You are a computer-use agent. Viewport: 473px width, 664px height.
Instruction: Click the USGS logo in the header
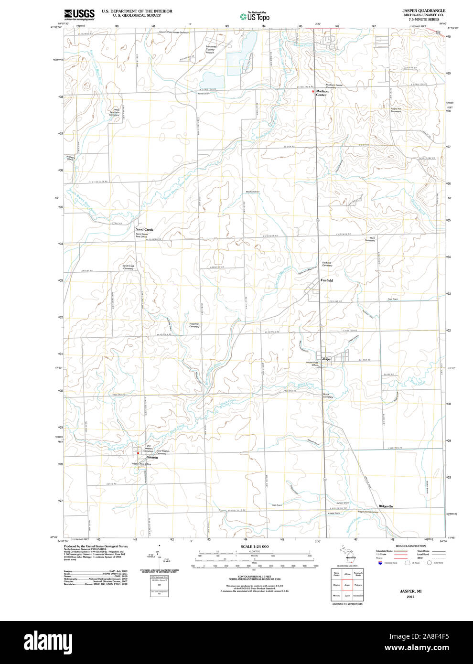click(79, 14)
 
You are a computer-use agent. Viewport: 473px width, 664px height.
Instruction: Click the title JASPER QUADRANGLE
click(424, 11)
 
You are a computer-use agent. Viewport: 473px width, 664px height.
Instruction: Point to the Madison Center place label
click(322, 93)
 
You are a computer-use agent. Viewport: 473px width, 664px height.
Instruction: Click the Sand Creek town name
click(144, 229)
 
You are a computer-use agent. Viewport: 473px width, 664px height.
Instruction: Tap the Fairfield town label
click(327, 280)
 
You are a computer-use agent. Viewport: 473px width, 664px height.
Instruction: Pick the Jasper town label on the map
click(327, 359)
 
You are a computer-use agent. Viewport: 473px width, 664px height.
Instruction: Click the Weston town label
click(152, 458)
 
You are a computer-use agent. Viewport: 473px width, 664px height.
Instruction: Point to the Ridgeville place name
click(386, 506)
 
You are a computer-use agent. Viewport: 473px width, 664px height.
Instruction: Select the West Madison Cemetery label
click(115, 112)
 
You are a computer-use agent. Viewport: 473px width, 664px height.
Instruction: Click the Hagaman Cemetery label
click(194, 325)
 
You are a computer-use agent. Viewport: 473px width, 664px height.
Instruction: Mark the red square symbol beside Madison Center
click(313, 91)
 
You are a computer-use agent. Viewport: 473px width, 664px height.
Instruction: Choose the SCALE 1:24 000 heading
click(255, 546)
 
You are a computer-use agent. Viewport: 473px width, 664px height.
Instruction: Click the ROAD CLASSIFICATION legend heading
click(410, 546)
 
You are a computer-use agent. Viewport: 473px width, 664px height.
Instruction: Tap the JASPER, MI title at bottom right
click(410, 591)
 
